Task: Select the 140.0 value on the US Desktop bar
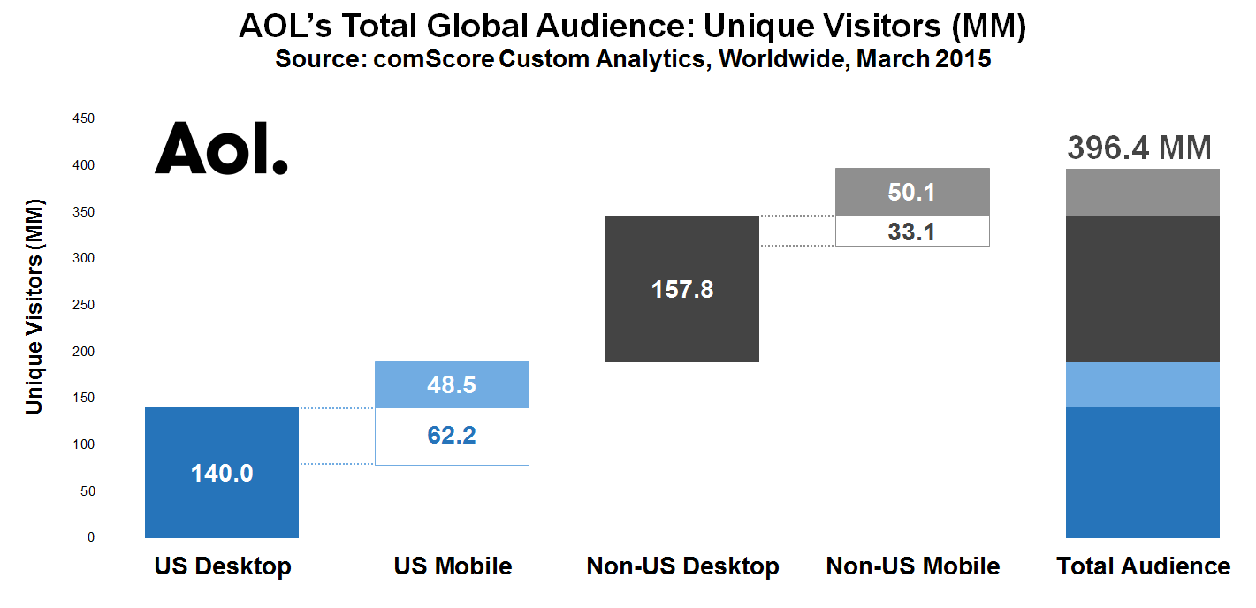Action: coord(222,474)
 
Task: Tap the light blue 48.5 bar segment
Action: coord(452,384)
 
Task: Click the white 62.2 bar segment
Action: coord(452,436)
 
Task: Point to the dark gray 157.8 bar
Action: coord(681,289)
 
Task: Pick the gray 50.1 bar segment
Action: coord(912,192)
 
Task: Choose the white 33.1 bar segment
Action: coord(912,231)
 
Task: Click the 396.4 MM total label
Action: coord(1139,148)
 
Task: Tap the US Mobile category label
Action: coord(453,566)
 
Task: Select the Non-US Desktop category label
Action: coord(682,566)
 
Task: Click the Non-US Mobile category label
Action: coord(912,566)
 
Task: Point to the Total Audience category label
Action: coord(1143,566)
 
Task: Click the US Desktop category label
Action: coord(223,566)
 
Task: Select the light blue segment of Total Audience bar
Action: coord(1142,384)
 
